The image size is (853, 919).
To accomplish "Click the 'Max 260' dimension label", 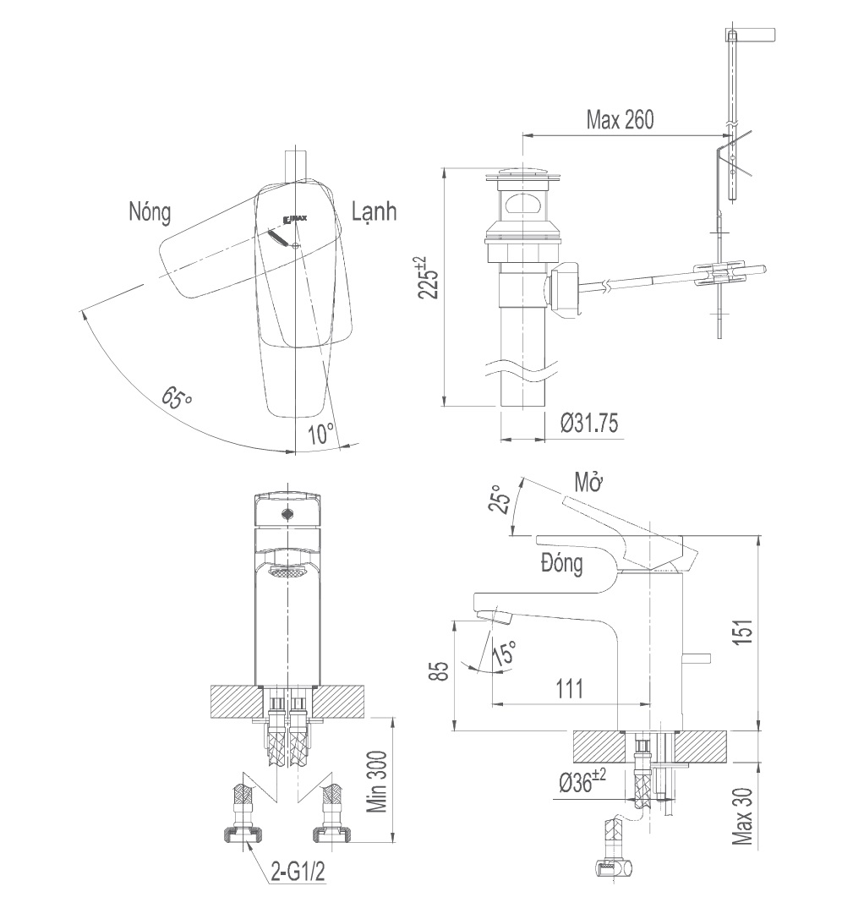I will click(x=620, y=121).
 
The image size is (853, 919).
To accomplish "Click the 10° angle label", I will click(x=321, y=435).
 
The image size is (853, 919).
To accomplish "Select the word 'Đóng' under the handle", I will click(x=561, y=564).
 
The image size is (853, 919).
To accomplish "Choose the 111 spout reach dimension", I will click(x=569, y=689).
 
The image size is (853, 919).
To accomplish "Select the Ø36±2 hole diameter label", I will click(x=582, y=783).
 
